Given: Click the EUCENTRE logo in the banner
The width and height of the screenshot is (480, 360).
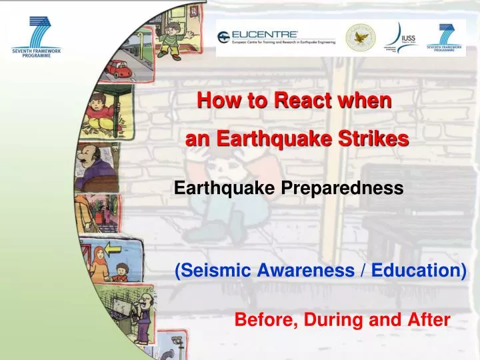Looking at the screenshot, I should click(x=275, y=37).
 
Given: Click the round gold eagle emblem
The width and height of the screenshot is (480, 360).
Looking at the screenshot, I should click(x=360, y=37).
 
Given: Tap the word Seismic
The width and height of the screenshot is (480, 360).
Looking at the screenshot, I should click(x=211, y=270).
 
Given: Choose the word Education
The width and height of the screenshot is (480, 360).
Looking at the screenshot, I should click(x=418, y=270).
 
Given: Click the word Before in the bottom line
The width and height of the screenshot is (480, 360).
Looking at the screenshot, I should click(x=266, y=320).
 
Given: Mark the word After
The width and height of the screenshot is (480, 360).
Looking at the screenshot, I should click(x=428, y=320).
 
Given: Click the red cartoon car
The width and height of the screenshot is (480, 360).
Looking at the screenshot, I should click(x=119, y=68).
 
